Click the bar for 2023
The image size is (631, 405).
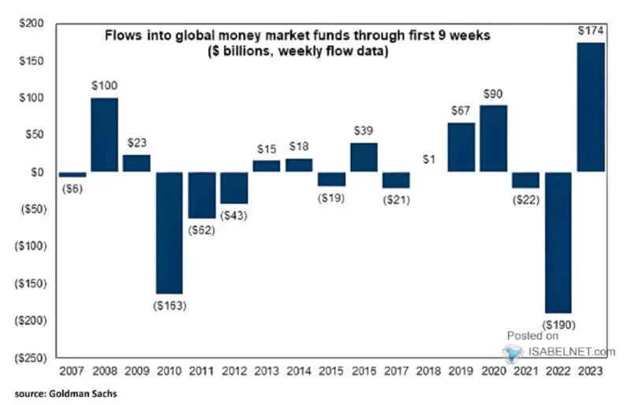[591, 107]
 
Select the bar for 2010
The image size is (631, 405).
[169, 232]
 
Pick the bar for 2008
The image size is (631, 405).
[104, 135]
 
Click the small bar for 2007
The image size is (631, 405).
[72, 174]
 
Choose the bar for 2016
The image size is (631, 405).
[364, 158]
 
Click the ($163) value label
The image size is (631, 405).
[169, 305]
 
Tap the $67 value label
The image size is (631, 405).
[461, 112]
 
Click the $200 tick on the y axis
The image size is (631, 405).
[31, 24]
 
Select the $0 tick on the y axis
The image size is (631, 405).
[37, 172]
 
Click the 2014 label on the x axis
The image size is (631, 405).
[299, 371]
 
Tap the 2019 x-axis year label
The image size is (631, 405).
[461, 371]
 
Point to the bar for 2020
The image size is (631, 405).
[494, 139]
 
